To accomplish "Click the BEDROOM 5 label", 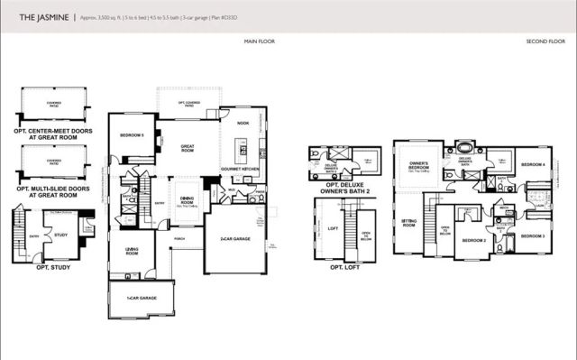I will coord(132,136).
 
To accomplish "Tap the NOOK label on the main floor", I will coord(243,123).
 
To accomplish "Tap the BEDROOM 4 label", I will coord(531,164).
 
